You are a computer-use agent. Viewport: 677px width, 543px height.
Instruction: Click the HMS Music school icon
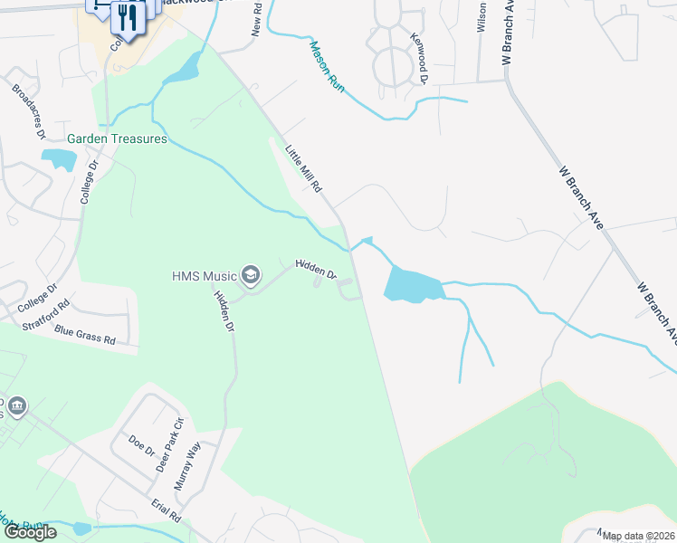[x=250, y=275]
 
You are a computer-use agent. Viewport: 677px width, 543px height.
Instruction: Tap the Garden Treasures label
[x=118, y=139]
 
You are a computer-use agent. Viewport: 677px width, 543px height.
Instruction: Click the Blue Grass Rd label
[x=85, y=336]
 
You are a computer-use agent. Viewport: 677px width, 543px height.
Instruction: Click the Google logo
[x=29, y=532]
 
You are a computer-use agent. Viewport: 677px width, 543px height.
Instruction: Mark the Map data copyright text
[x=638, y=536]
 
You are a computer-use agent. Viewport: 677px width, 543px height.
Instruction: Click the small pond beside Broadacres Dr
[x=60, y=160]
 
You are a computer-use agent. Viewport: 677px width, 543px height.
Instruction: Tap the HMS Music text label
[x=204, y=275]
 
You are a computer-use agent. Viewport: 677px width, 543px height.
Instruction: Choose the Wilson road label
[x=482, y=16]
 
